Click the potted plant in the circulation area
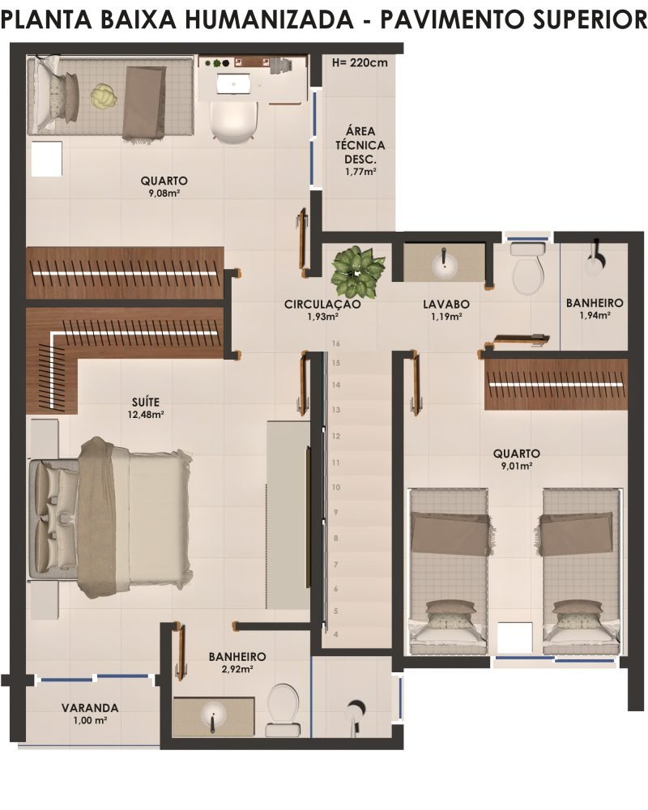(x=357, y=271)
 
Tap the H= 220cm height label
(x=360, y=63)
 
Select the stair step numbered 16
(x=336, y=343)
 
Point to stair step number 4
(x=336, y=634)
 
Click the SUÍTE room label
(x=146, y=402)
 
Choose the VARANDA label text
(x=90, y=708)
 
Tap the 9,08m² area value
(x=164, y=194)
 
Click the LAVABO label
(x=446, y=305)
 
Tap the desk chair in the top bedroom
(x=233, y=121)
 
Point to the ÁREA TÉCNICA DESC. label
(x=360, y=145)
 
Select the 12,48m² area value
(x=146, y=414)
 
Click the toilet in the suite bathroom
(x=283, y=710)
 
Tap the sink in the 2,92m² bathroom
(x=213, y=716)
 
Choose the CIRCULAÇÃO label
(x=322, y=305)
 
